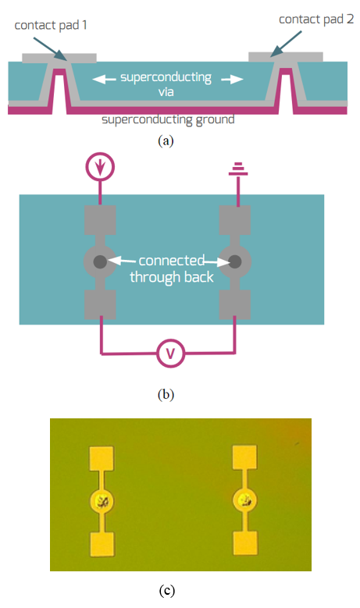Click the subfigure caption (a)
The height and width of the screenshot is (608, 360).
166,140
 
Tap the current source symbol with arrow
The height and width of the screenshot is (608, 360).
101,166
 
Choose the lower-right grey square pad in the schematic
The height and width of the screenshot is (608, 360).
234,305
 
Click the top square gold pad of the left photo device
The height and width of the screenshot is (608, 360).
102,459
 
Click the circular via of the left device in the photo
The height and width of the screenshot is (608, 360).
102,501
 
